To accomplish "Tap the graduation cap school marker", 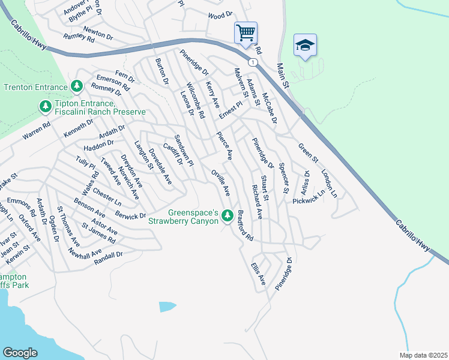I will [305, 46].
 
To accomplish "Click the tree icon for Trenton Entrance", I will [77, 86].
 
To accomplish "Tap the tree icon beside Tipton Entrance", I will [44, 107].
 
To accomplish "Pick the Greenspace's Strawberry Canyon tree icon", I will [228, 215].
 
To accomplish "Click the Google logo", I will [20, 353].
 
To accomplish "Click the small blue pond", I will [167, 306].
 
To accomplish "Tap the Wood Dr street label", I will [220, 15].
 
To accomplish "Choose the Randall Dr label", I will [108, 254].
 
